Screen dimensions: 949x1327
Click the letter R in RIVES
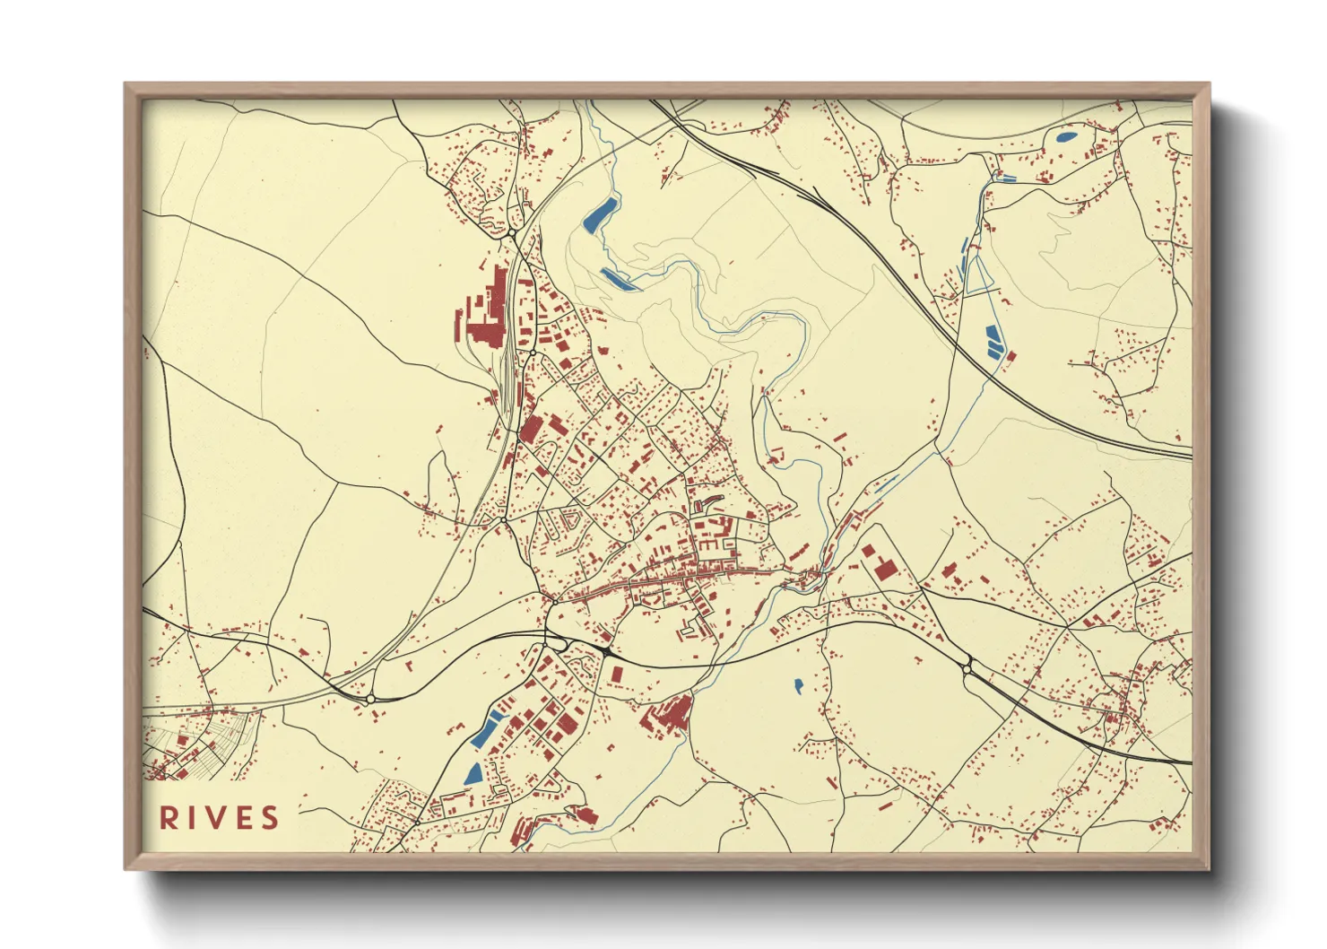(169, 818)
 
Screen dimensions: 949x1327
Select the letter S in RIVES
(269, 818)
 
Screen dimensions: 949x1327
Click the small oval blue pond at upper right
(1067, 138)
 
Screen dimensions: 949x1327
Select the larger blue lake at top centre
(599, 213)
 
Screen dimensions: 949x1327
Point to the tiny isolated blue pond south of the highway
(798, 687)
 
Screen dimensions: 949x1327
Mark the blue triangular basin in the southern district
(473, 774)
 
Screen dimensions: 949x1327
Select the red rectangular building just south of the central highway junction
(616, 674)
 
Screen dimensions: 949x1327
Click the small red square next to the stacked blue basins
(1011, 357)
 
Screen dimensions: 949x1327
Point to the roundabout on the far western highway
(370, 698)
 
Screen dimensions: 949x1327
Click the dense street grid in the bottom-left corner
(193, 749)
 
